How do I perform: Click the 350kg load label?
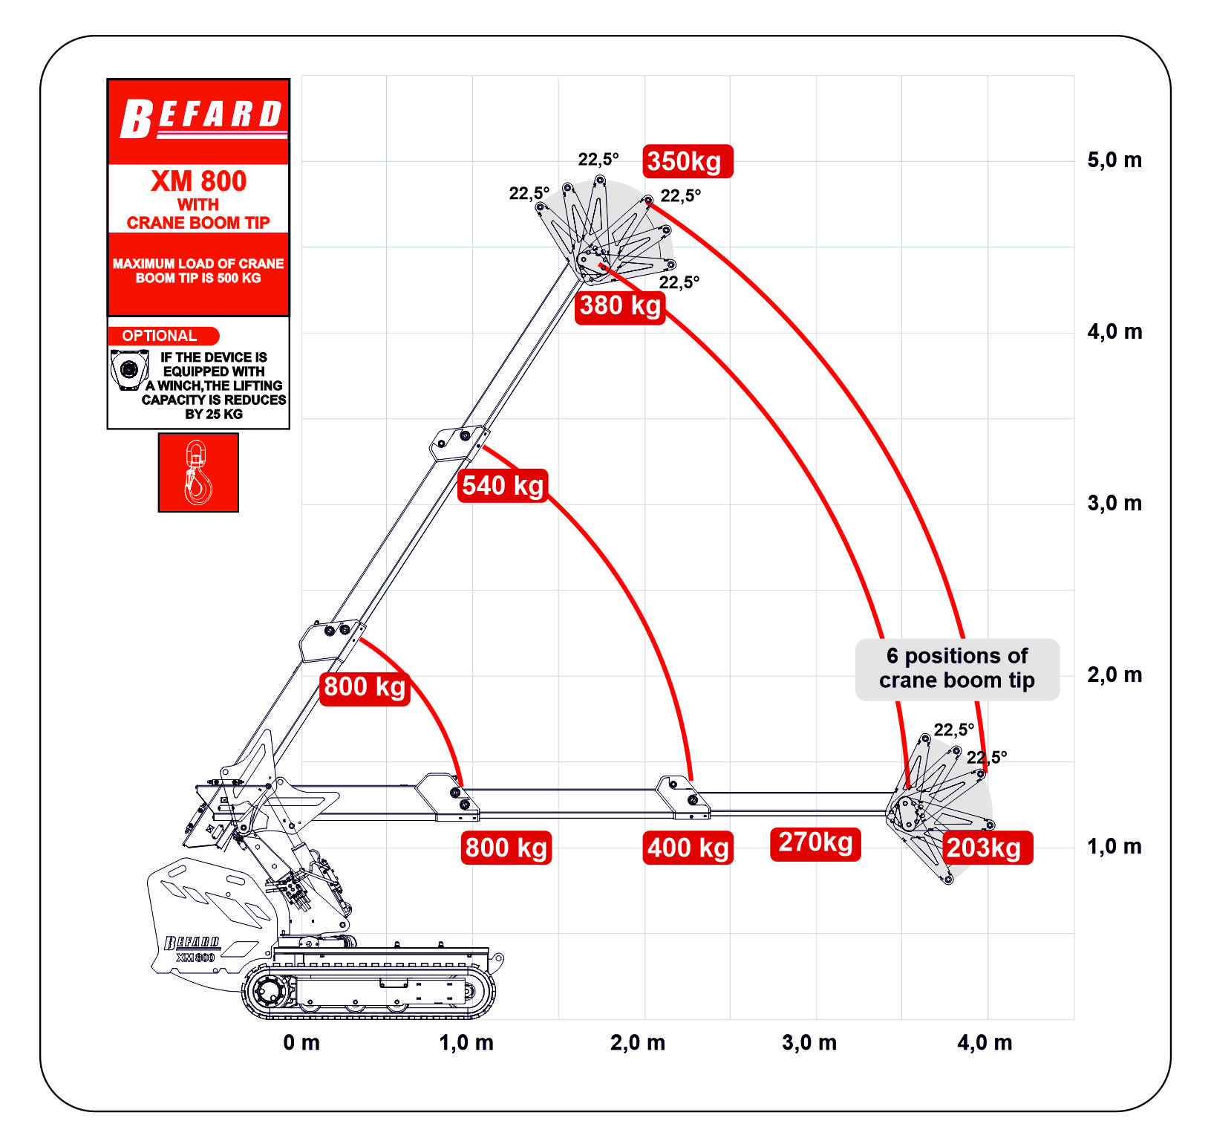click(688, 161)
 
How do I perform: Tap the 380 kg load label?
click(620, 306)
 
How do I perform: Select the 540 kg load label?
click(503, 486)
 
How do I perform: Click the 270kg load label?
click(815, 844)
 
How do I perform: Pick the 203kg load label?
click(988, 848)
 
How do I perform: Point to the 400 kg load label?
click(688, 848)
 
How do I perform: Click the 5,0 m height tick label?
click(1114, 160)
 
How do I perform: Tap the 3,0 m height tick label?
click(1114, 504)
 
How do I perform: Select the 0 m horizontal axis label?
click(301, 1042)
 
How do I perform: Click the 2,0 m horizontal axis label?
click(638, 1042)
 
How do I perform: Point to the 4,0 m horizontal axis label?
click(985, 1042)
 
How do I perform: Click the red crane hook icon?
click(198, 472)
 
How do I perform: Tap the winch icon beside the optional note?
click(129, 369)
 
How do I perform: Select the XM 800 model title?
click(198, 181)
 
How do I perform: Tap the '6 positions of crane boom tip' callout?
click(957, 669)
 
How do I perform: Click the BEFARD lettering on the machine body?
click(192, 942)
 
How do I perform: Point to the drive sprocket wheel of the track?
click(267, 991)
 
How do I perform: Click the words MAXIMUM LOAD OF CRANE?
click(198, 264)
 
